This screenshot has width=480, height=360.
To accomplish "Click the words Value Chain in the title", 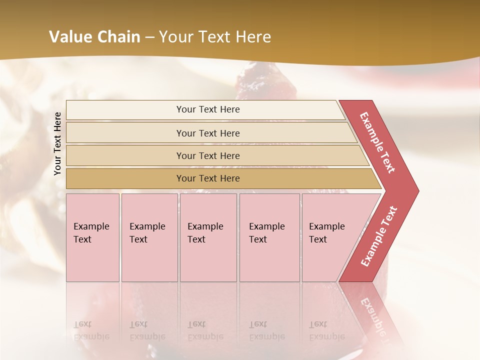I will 94,37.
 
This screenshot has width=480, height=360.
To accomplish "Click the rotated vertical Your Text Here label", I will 57,143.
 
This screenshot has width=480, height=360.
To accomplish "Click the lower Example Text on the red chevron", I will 379,236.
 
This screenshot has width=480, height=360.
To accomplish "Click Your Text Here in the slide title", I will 215,37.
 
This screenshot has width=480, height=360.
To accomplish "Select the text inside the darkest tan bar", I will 208,178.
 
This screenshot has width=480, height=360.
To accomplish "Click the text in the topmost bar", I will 208,109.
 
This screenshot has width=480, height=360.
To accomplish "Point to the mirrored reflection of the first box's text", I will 91,330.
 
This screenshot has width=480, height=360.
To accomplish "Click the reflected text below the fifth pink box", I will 326,330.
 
